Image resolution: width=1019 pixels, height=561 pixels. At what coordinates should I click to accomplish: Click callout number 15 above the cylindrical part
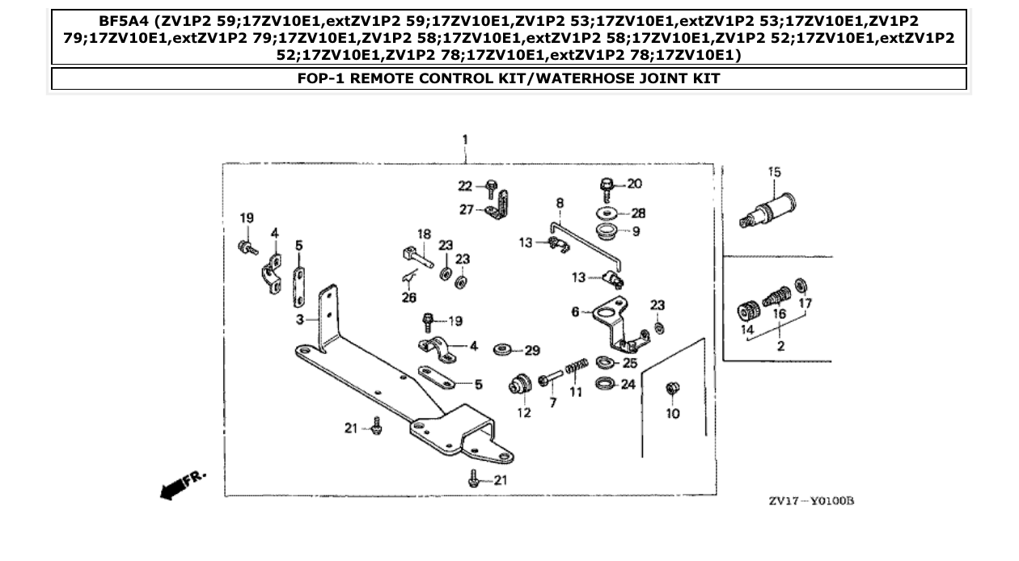774,172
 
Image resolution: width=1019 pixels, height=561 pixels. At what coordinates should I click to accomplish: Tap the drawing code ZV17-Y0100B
810,502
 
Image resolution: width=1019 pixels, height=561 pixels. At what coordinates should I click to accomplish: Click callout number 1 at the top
465,140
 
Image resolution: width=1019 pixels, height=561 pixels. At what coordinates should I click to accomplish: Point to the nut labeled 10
670,389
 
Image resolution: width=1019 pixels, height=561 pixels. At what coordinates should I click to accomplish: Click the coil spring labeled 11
575,368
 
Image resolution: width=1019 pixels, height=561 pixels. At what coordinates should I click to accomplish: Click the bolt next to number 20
607,188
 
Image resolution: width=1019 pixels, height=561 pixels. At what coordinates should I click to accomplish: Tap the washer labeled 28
607,213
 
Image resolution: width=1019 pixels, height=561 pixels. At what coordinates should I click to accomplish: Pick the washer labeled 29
501,350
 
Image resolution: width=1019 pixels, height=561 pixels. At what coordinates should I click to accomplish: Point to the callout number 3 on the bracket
298,320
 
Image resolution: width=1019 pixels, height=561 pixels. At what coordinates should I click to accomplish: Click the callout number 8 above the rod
559,202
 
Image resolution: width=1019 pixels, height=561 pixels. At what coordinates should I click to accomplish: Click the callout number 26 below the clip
408,298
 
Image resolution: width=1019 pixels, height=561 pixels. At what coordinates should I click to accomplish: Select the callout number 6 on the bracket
575,311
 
